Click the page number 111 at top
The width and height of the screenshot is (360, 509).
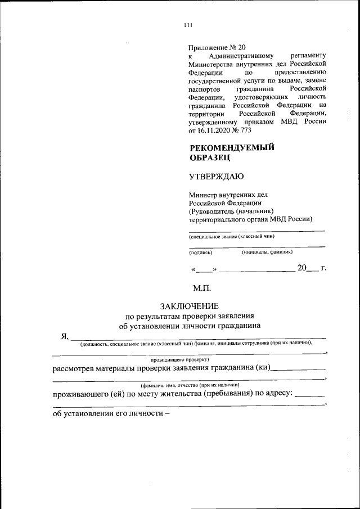click(x=188, y=24)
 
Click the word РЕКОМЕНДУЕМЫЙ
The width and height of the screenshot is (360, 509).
click(x=231, y=147)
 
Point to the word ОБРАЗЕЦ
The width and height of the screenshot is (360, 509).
click(x=210, y=158)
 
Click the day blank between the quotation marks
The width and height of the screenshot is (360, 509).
click(x=204, y=270)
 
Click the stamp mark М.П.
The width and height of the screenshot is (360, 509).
click(x=202, y=288)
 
